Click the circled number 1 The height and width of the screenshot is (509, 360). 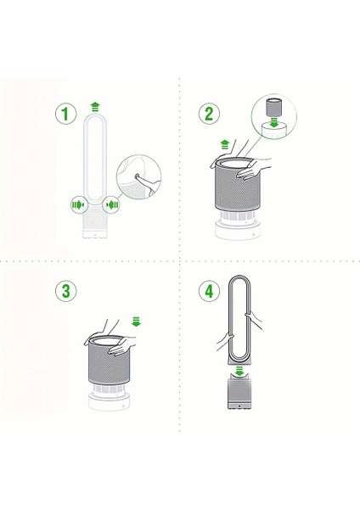(65, 114)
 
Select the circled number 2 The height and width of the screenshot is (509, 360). (209, 114)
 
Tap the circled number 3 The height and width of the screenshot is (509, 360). (66, 290)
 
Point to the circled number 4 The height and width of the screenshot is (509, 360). (209, 290)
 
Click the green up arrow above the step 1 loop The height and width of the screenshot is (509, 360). (95, 107)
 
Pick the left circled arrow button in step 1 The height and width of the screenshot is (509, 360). (78, 204)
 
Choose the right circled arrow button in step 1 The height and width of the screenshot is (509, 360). (112, 204)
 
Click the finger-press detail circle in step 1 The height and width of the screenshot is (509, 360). (138, 176)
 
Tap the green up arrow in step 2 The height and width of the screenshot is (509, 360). (224, 144)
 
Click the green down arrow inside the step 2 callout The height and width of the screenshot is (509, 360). (274, 122)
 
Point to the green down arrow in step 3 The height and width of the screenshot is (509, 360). (136, 322)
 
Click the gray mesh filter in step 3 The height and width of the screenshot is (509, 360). (110, 361)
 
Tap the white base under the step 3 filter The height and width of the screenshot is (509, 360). (110, 400)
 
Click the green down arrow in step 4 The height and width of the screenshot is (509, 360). (239, 372)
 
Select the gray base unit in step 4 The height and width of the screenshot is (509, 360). (239, 392)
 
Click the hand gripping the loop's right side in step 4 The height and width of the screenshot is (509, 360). (253, 319)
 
